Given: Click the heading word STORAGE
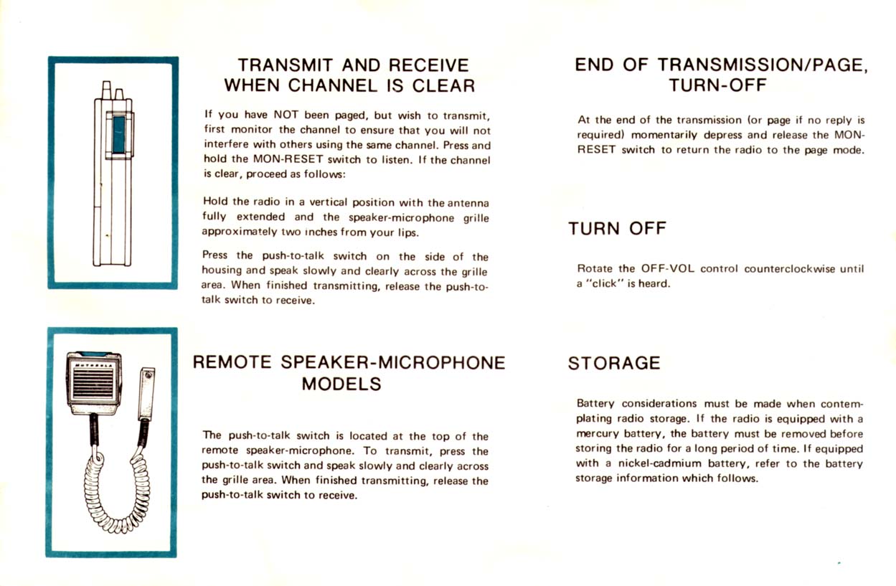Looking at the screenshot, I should tap(613, 363).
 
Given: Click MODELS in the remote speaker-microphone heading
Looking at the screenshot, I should tap(341, 384).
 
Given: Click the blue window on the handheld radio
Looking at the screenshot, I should tap(119, 134).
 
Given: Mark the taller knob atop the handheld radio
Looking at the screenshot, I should tap(106, 90).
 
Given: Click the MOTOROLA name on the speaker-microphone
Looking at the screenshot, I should tap(93, 364).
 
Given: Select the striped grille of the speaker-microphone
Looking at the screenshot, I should tap(93, 388).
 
